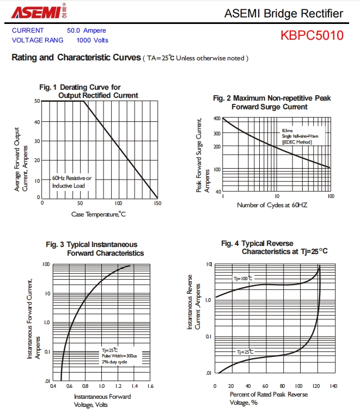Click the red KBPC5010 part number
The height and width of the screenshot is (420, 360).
pyautogui.click(x=312, y=35)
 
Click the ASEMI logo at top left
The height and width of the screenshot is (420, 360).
pyautogui.click(x=39, y=11)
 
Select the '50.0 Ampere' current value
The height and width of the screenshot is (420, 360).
pyautogui.click(x=86, y=30)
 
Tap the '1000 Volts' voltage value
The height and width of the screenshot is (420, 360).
pyautogui.click(x=92, y=40)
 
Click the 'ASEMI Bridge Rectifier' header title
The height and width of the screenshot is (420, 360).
pyautogui.click(x=284, y=14)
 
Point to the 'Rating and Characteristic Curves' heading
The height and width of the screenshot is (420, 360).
pyautogui.click(x=76, y=57)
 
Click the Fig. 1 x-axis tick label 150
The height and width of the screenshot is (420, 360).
pyautogui.click(x=157, y=203)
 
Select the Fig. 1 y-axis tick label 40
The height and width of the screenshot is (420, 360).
pyautogui.click(x=37, y=122)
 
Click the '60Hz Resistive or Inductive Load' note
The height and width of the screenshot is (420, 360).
pyautogui.click(x=71, y=182)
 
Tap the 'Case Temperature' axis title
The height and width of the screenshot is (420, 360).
pyautogui.click(x=99, y=214)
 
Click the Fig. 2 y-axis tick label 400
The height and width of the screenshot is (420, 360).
pyautogui.click(x=217, y=119)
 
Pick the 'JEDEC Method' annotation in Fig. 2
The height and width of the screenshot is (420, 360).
pyautogui.click(x=297, y=142)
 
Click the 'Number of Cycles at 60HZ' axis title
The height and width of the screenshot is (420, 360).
pyautogui.click(x=272, y=205)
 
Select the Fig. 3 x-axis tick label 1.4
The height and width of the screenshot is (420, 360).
pyautogui.click(x=135, y=386)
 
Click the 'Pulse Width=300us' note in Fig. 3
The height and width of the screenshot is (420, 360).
pyautogui.click(x=119, y=356)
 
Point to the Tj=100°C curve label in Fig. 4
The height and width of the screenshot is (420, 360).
pyautogui.click(x=243, y=279)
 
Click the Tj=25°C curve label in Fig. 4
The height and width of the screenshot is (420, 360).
pyautogui.click(x=245, y=351)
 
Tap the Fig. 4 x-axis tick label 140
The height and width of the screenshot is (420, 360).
pyautogui.click(x=333, y=386)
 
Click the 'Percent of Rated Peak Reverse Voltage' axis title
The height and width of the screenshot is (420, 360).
pyautogui.click(x=269, y=398)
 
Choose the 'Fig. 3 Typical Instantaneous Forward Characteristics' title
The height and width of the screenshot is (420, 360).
pyautogui.click(x=95, y=249)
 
